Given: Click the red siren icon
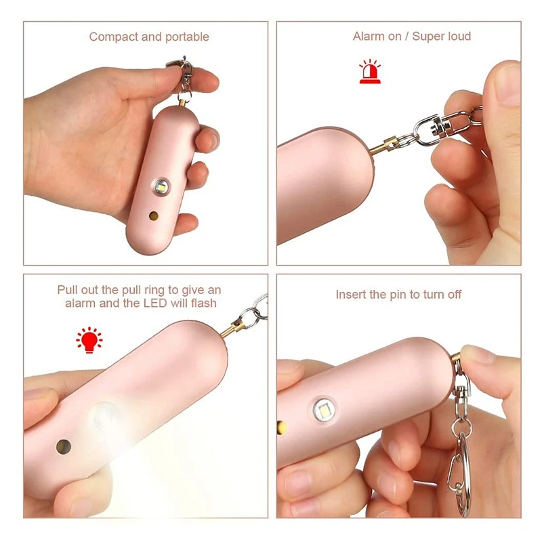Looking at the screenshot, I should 369,72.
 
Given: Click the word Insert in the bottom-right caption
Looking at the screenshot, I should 351,295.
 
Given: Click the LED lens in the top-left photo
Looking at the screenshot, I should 161,185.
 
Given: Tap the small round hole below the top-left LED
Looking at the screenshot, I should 154,216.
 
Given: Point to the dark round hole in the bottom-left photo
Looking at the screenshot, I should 63,446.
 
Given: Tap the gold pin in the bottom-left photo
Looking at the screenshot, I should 230,329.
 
